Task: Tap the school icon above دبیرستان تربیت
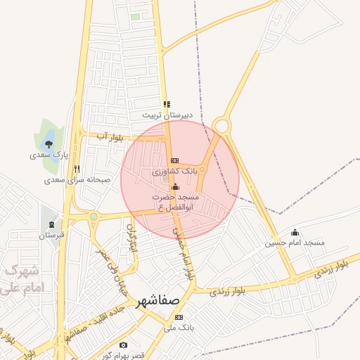[166, 104]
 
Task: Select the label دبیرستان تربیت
[166, 114]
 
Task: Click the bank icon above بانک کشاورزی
[174, 161]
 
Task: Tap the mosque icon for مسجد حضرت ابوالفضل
[174, 187]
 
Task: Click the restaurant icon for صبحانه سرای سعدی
[77, 169]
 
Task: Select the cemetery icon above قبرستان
[51, 225]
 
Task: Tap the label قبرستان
[51, 235]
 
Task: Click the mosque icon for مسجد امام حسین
[295, 233]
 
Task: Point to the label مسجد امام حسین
[295, 243]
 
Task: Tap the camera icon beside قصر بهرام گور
[124, 345]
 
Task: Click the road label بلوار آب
[110, 137]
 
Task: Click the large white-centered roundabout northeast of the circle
[222, 126]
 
